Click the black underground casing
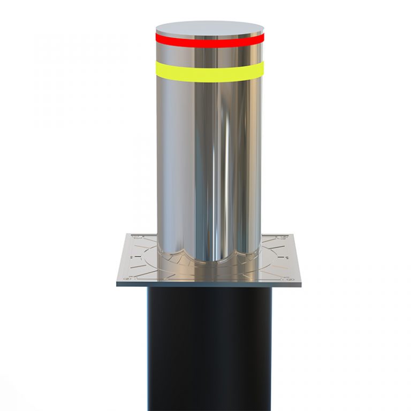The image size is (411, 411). tap(210, 348)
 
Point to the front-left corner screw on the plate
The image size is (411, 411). tap(127, 278)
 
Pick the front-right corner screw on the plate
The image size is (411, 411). tap(291, 279)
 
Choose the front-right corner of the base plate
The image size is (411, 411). tap(301, 283)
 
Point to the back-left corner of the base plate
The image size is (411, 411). tap(128, 234)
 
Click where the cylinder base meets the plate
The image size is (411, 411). tap(210, 261)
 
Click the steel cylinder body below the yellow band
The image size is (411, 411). tap(210, 161)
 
